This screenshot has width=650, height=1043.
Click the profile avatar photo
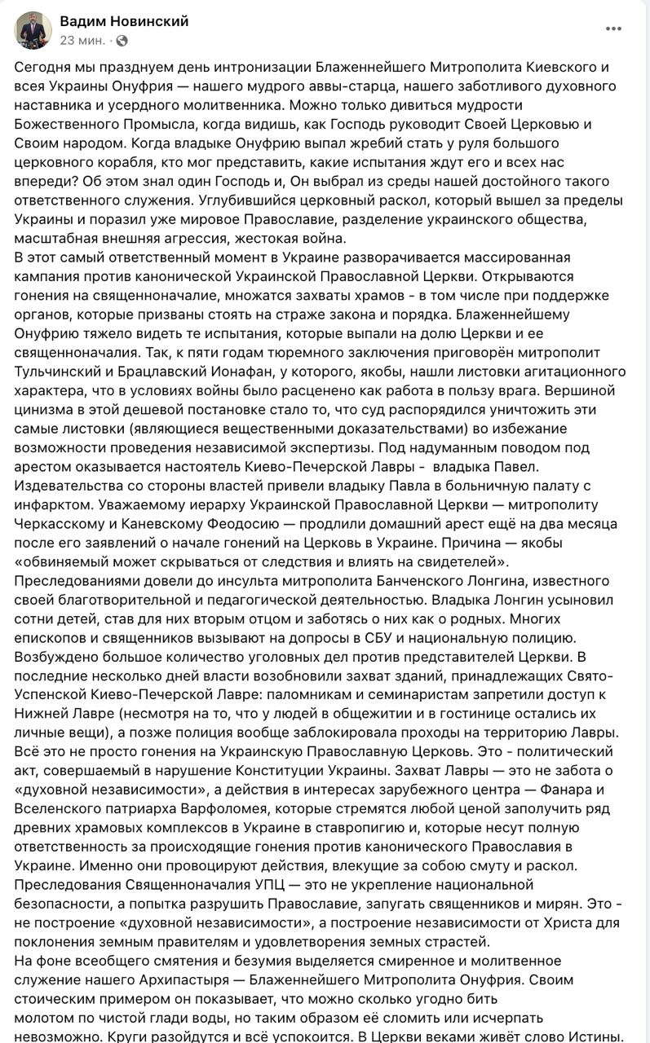click(x=33, y=30)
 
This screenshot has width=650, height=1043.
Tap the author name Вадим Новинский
click(x=124, y=22)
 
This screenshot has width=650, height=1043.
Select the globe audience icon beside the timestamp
click(x=122, y=40)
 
